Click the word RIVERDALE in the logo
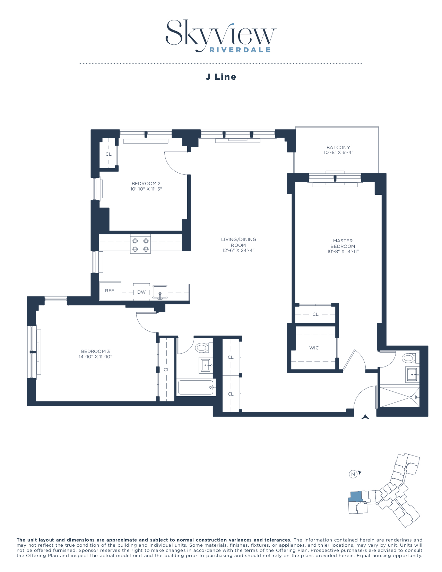240,50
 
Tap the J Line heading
221,77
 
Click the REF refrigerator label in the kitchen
110,291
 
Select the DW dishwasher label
141,292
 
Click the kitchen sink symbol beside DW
160,292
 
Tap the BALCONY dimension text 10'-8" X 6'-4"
338,153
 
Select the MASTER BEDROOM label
343,243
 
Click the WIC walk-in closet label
314,348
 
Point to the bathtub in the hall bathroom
196,387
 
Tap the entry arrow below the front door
365,417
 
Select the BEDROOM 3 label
95,351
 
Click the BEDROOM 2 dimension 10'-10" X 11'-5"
146,189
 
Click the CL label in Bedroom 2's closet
109,154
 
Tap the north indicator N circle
353,474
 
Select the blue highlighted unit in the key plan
355,497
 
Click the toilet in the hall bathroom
202,347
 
